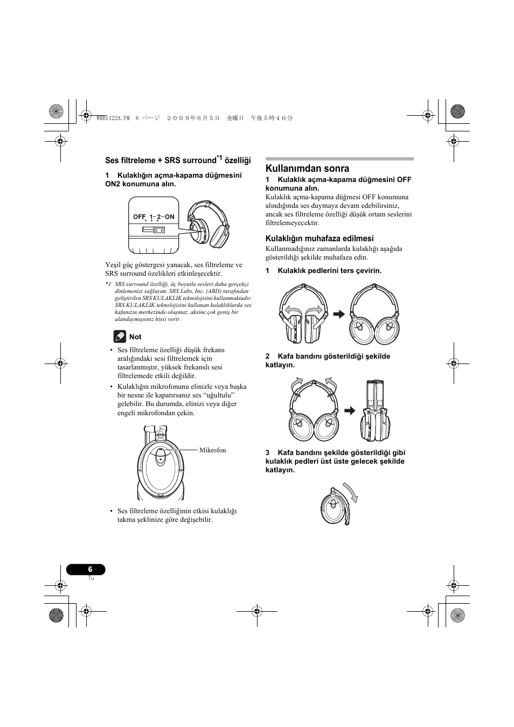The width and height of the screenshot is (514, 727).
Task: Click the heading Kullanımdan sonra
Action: pyautogui.click(x=307, y=169)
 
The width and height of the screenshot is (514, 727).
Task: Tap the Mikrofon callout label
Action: pyautogui.click(x=213, y=450)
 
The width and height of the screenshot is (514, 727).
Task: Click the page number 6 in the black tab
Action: pyautogui.click(x=90, y=569)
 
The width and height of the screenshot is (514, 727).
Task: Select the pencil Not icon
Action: pyautogui.click(x=120, y=337)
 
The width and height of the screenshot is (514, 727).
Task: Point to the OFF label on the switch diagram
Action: pyautogui.click(x=140, y=217)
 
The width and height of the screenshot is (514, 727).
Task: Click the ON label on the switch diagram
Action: pyautogui.click(x=170, y=217)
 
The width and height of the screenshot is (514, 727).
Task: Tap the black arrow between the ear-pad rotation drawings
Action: pyautogui.click(x=338, y=314)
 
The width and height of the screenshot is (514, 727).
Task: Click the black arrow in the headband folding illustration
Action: pyautogui.click(x=350, y=411)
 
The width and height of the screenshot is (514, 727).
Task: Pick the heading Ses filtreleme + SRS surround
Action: pyautogui.click(x=160, y=160)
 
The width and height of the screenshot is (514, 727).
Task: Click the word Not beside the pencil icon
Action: pyautogui.click(x=135, y=337)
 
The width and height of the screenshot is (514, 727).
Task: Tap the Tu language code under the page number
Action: pyautogui.click(x=91, y=578)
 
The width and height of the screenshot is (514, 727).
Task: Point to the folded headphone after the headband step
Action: pyautogui.click(x=376, y=410)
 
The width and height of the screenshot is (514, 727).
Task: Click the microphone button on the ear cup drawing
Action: pyautogui.click(x=160, y=459)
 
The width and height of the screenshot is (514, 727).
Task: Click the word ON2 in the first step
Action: pyautogui.click(x=113, y=184)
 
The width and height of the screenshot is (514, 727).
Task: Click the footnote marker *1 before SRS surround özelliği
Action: pyautogui.click(x=108, y=284)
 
